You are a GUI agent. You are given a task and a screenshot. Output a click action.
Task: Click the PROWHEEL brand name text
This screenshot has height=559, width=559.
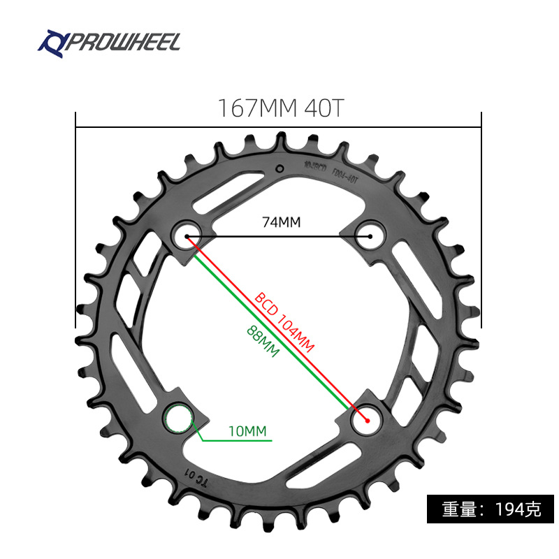(x=123, y=42)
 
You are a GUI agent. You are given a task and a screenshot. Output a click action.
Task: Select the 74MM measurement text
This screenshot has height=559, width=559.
(x=280, y=222)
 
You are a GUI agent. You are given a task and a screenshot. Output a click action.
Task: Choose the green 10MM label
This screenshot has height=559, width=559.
(x=247, y=432)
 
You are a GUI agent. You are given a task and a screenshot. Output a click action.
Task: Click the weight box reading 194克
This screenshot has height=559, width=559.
(x=491, y=509)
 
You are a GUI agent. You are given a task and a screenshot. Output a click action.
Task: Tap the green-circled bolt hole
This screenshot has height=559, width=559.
(x=178, y=419)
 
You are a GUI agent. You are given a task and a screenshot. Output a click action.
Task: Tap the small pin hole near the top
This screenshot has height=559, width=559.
(x=279, y=168)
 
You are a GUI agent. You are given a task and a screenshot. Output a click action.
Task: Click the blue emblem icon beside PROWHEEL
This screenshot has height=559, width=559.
(x=50, y=42)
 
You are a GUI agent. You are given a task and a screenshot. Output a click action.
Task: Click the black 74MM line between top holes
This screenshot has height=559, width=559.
(x=279, y=236)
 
